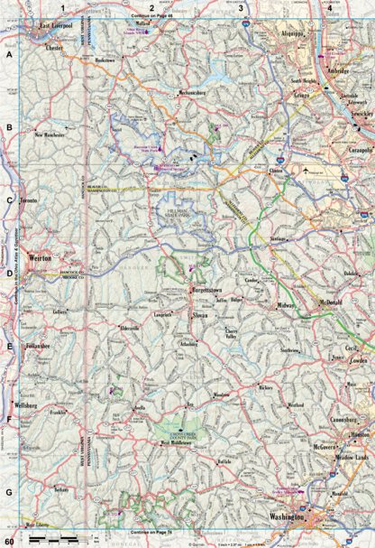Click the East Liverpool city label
60,27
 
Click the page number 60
8,538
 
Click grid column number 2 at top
151,7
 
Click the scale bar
50,538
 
